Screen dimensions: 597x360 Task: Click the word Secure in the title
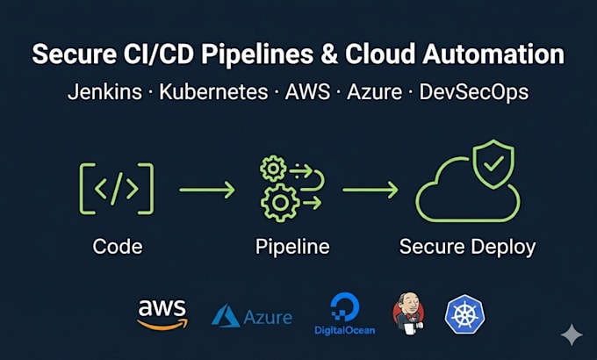[75, 54]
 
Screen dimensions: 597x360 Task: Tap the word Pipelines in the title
[257, 54]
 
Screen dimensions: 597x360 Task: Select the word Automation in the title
[493, 54]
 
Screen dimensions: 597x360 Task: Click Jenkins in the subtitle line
[104, 92]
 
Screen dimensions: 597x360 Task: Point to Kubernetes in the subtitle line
[213, 92]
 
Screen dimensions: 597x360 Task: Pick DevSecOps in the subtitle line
[474, 92]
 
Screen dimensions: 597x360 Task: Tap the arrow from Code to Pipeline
[207, 190]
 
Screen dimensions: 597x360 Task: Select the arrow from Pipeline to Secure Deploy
[370, 190]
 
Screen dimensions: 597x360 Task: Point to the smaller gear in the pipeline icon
[273, 168]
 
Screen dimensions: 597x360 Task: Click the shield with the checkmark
[493, 163]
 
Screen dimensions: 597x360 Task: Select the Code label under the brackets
[118, 247]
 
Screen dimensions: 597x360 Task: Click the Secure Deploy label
[468, 248]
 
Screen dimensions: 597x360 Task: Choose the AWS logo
[162, 314]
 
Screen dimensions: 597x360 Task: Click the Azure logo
[252, 316]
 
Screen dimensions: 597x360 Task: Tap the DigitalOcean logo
[344, 314]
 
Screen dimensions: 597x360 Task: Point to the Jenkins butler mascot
[408, 313]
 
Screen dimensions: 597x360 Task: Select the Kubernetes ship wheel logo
[465, 314]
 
